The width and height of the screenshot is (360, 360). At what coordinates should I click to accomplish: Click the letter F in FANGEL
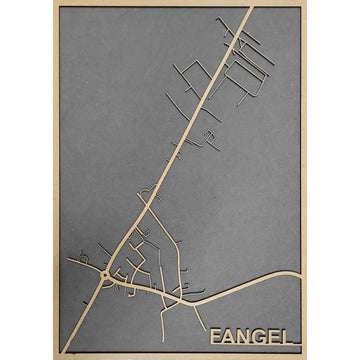click(x=215, y=334)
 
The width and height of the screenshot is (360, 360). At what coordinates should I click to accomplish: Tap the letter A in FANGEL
click(x=230, y=334)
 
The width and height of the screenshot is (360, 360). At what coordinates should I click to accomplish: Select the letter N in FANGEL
click(x=246, y=334)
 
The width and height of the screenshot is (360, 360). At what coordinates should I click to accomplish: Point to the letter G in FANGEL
click(x=262, y=334)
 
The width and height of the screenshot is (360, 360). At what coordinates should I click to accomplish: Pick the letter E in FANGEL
click(x=277, y=334)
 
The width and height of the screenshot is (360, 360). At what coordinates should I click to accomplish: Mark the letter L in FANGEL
click(x=291, y=334)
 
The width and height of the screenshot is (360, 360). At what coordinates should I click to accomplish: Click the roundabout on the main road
click(x=105, y=272)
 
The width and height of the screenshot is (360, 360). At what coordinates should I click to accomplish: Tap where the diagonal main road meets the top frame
click(x=250, y=7)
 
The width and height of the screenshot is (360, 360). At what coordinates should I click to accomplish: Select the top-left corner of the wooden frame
click(x=55, y=4)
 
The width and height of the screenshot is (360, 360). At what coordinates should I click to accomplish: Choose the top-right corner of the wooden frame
click(x=304, y=4)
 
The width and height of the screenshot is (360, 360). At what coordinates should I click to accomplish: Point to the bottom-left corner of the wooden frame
click(x=55, y=356)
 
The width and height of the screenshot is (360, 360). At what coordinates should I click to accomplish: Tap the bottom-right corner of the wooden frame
click(x=304, y=356)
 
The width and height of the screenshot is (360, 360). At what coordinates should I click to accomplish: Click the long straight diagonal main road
click(x=200, y=100)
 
